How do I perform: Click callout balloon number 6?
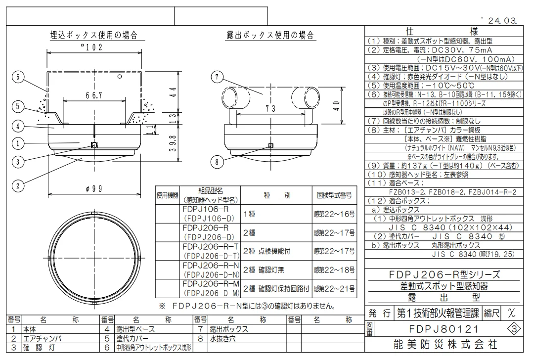(18, 77)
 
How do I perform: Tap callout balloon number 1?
(18, 144)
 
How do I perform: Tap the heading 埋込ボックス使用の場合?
(94, 35)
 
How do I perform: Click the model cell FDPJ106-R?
(209, 209)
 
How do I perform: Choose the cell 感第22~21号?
(334, 289)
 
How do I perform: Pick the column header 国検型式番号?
(334, 195)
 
